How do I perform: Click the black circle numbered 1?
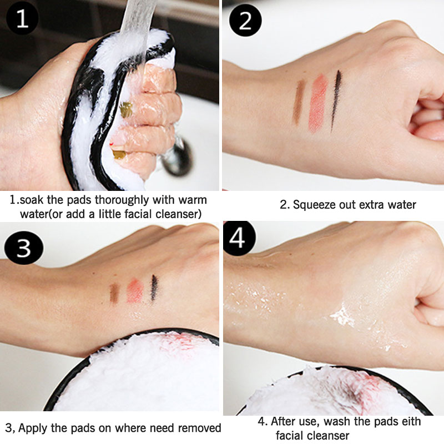[22, 18]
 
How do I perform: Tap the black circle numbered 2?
[245, 21]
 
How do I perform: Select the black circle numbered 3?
[24, 248]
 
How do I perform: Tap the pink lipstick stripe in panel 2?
[317, 103]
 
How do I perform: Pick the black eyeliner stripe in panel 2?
[336, 100]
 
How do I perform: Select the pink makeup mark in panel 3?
[135, 291]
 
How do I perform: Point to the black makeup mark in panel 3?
[154, 287]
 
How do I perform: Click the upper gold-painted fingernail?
[126, 110]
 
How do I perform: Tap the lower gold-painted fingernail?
[119, 154]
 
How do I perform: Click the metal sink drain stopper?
[177, 157]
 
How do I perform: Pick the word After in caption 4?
[285, 421]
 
